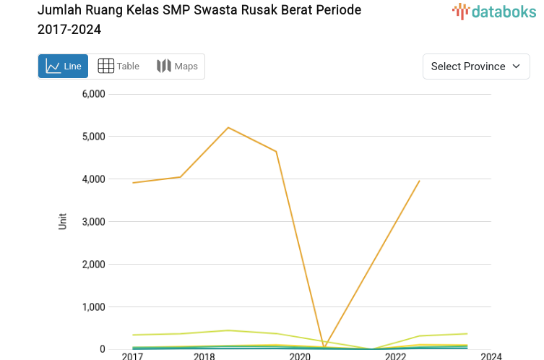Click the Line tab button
pos(64,67)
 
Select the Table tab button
pos(118,67)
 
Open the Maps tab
pos(177,67)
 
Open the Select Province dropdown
pos(476,67)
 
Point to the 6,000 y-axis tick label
pos(93,94)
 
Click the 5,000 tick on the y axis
pos(93,137)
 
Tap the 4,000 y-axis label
pos(93,179)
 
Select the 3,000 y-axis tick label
pos(93,222)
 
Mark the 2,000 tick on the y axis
pos(93,265)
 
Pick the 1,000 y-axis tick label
pos(93,307)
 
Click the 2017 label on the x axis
pos(132,356)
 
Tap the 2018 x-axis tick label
pos(204,356)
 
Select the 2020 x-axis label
pos(300,356)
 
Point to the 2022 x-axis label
pos(395,356)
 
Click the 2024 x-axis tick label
pos(491,356)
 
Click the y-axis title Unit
pos(62,221)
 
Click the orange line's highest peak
pos(228,128)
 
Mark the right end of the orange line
pos(420,181)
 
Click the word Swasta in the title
pos(216,11)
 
